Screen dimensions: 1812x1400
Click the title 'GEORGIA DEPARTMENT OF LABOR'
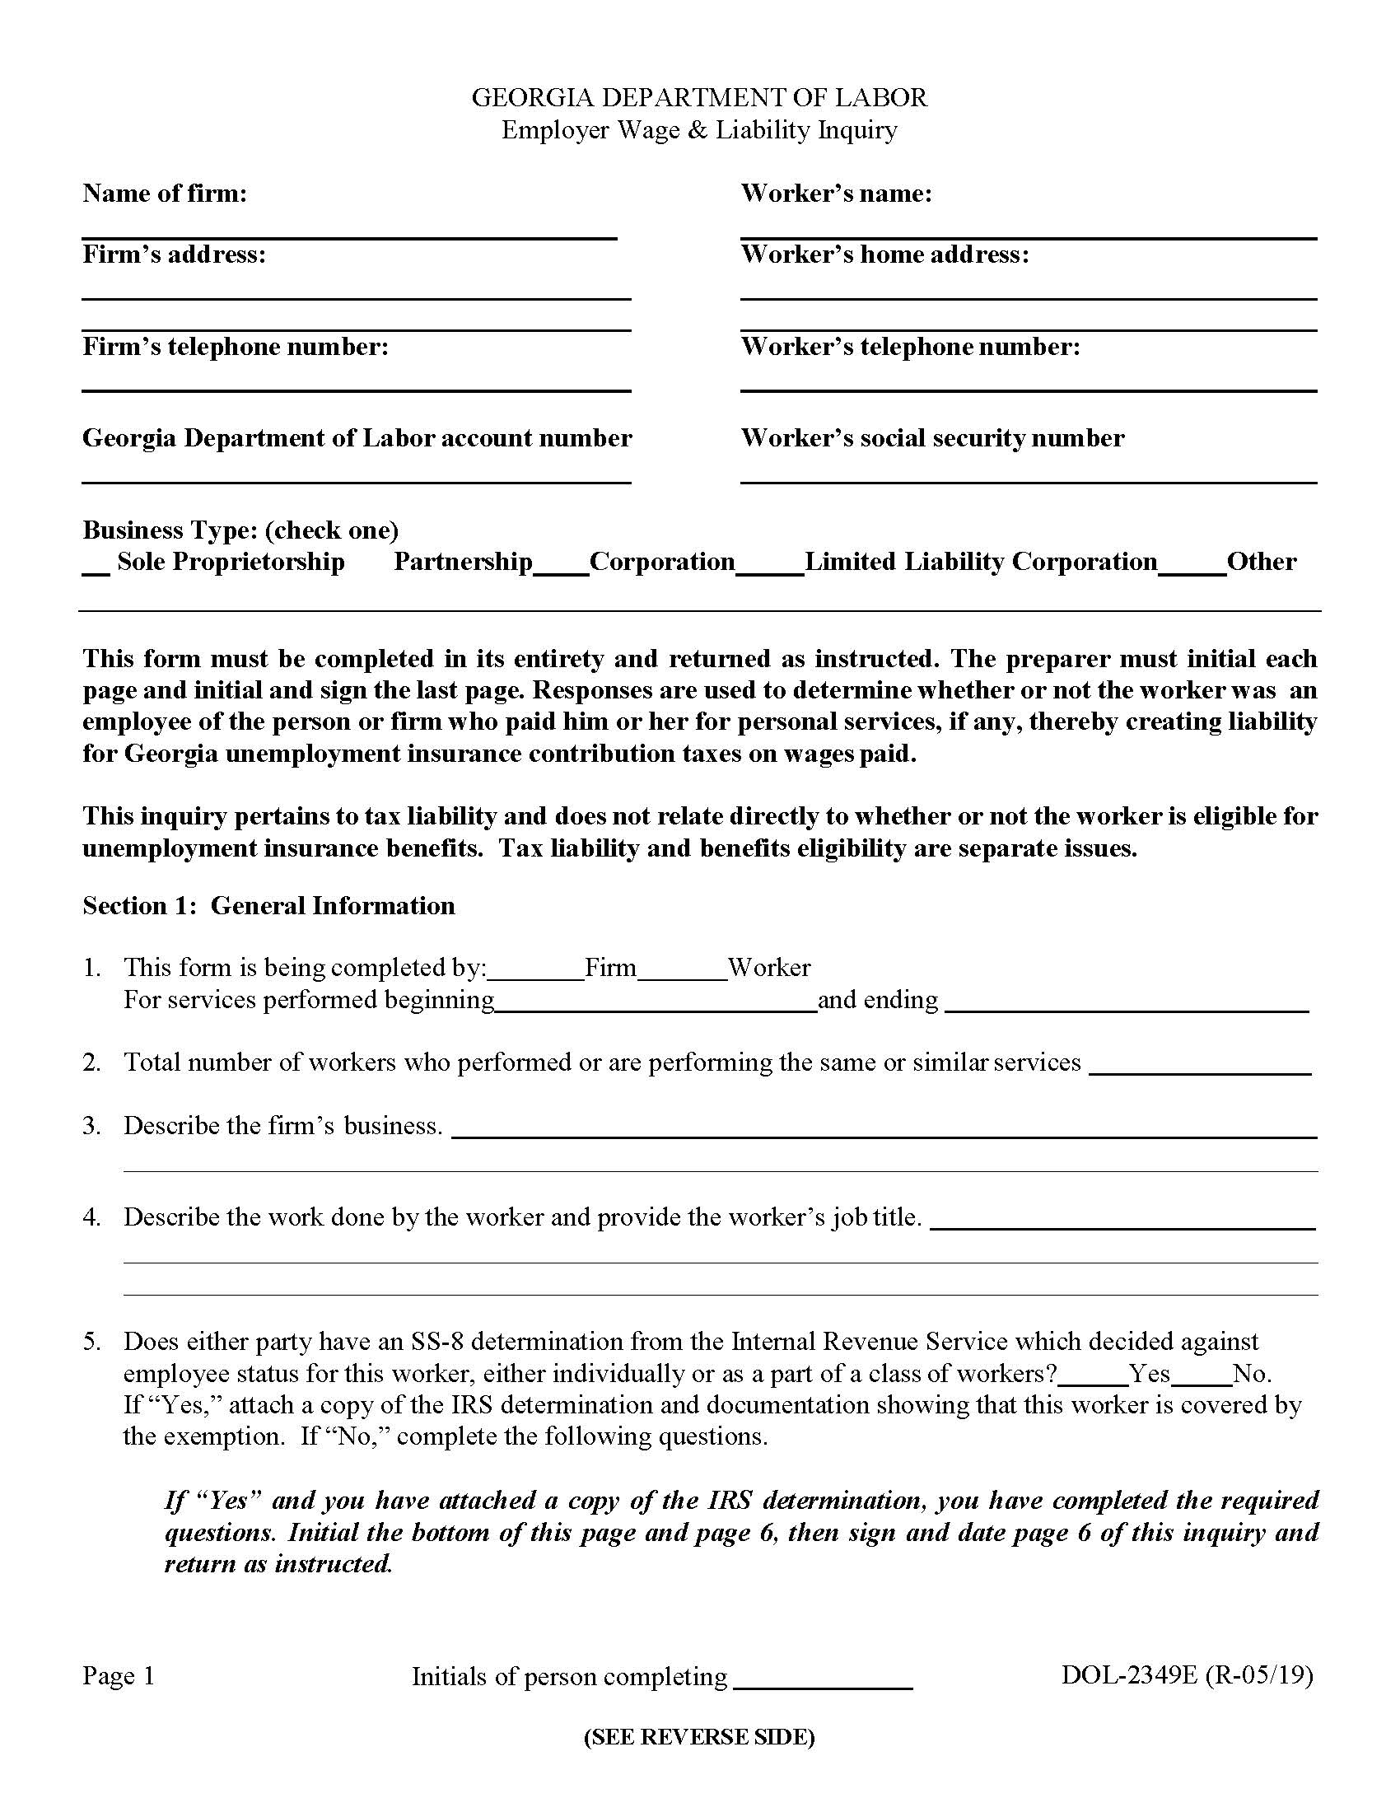[x=699, y=98]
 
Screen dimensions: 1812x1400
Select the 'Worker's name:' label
[x=836, y=194]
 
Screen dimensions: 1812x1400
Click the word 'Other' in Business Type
[x=1261, y=562]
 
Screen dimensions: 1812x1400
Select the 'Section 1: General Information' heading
[x=268, y=905]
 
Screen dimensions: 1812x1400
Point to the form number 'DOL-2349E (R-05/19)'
[x=1187, y=1675]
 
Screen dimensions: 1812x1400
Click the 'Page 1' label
[x=119, y=1676]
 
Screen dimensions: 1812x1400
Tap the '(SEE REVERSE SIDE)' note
[x=699, y=1736]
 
